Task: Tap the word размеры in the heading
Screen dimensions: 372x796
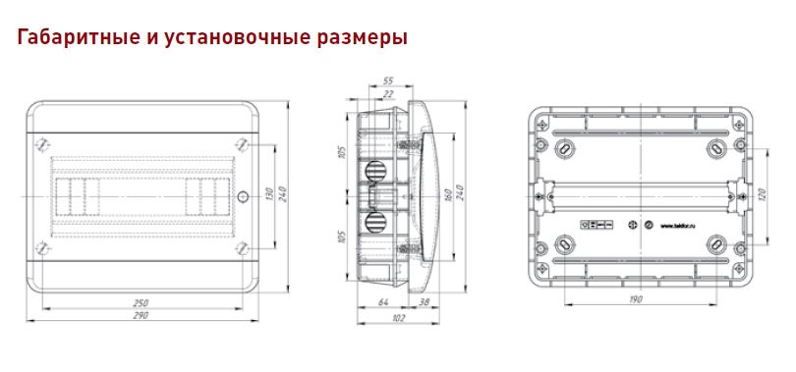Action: point(354,39)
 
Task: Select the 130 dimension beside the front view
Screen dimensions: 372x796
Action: point(268,194)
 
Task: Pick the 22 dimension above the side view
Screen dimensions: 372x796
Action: point(389,93)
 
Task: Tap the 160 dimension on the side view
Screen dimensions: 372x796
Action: point(446,194)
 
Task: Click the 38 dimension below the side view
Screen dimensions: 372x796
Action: point(423,302)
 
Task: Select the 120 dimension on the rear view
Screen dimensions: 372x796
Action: point(759,194)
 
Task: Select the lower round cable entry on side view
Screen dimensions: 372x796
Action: point(375,217)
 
